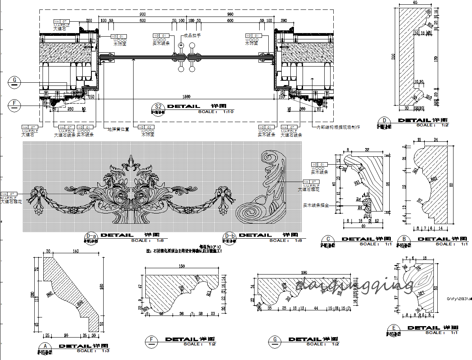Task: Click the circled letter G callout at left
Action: coord(15,82)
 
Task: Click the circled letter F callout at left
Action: coord(15,104)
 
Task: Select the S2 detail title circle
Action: coord(158,107)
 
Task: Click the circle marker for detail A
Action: coord(46,347)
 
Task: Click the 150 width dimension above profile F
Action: coord(182,266)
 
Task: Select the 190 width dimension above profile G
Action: coord(304,273)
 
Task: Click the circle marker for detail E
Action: coord(394,328)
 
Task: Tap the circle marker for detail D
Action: coord(385,121)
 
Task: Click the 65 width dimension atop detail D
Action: coord(415,2)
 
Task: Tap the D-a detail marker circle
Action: coord(91,236)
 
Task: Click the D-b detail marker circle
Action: coord(229,236)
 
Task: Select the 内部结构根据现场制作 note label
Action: coord(338,127)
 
